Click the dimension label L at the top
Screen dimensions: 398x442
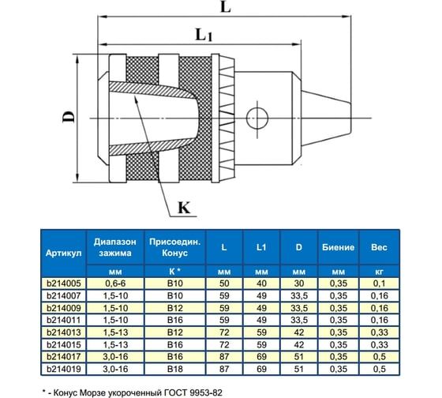[x=226, y=9]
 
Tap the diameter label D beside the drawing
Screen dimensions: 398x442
[x=69, y=118]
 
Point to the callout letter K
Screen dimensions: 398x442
[x=182, y=208]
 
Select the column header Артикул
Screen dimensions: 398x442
[x=64, y=247]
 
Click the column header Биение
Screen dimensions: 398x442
[x=337, y=247]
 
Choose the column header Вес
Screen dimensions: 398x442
[x=378, y=247]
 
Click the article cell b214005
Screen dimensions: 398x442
[x=64, y=283]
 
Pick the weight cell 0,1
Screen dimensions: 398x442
[x=378, y=283]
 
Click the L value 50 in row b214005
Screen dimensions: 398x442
[x=224, y=283]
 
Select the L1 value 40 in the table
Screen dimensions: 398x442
[x=261, y=283]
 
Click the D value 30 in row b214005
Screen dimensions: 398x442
[x=298, y=283]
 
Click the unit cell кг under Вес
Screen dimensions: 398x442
[x=378, y=271]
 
